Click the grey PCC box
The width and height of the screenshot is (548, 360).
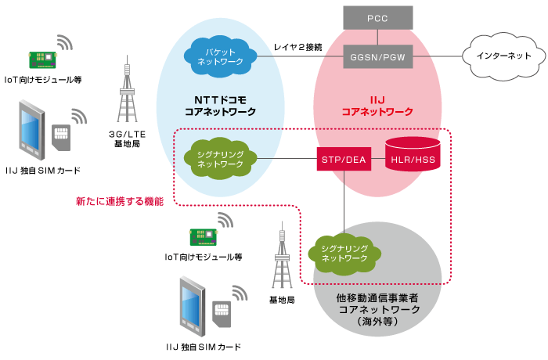tap(377, 16)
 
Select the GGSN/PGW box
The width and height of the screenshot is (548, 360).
tap(377, 56)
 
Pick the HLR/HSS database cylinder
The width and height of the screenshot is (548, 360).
tap(412, 156)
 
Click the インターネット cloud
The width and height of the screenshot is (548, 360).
tap(501, 56)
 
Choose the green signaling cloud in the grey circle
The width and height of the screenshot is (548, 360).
tap(345, 252)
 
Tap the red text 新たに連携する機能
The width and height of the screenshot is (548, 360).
tap(120, 202)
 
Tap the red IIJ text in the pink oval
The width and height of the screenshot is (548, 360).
tap(377, 100)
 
